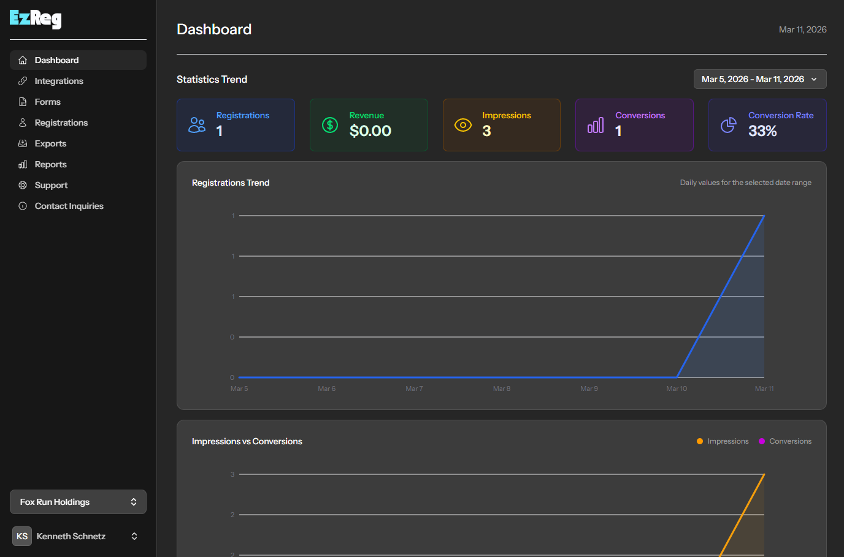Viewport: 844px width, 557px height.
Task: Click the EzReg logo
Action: click(36, 19)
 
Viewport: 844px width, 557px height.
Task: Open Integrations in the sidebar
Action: click(58, 81)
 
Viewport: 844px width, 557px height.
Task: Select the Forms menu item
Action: click(47, 102)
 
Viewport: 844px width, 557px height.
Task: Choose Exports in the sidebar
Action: click(50, 143)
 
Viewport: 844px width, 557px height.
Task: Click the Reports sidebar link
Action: click(50, 164)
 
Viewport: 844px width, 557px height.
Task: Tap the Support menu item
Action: click(51, 185)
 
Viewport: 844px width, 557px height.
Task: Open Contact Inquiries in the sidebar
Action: click(69, 206)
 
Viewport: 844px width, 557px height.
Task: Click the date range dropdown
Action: click(759, 79)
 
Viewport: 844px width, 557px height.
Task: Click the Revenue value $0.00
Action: click(370, 131)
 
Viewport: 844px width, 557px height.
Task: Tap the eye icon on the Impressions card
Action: click(463, 125)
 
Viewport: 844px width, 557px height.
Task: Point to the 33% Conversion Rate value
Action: click(762, 131)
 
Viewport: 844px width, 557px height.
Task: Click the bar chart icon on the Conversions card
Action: click(596, 125)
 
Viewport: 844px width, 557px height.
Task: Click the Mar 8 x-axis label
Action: click(502, 388)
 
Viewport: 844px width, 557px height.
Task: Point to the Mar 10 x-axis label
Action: click(677, 388)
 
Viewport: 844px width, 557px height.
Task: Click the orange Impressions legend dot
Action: click(700, 441)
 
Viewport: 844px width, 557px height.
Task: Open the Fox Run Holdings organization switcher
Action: click(78, 502)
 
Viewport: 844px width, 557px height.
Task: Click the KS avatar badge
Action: click(22, 536)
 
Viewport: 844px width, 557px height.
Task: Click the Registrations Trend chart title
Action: click(231, 183)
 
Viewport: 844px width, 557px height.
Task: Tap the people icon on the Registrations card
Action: click(197, 125)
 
